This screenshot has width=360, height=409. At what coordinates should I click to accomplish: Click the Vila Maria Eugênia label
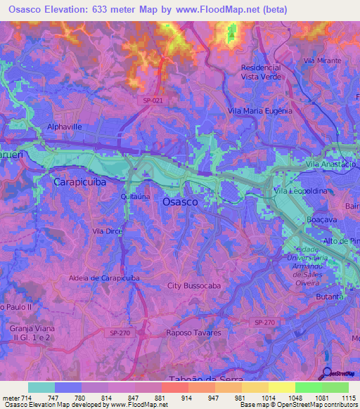(260, 111)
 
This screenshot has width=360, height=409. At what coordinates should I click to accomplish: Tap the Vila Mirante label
(322, 62)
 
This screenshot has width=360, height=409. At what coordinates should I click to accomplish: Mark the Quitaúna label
(134, 197)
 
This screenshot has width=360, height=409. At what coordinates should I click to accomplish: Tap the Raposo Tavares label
(193, 333)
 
